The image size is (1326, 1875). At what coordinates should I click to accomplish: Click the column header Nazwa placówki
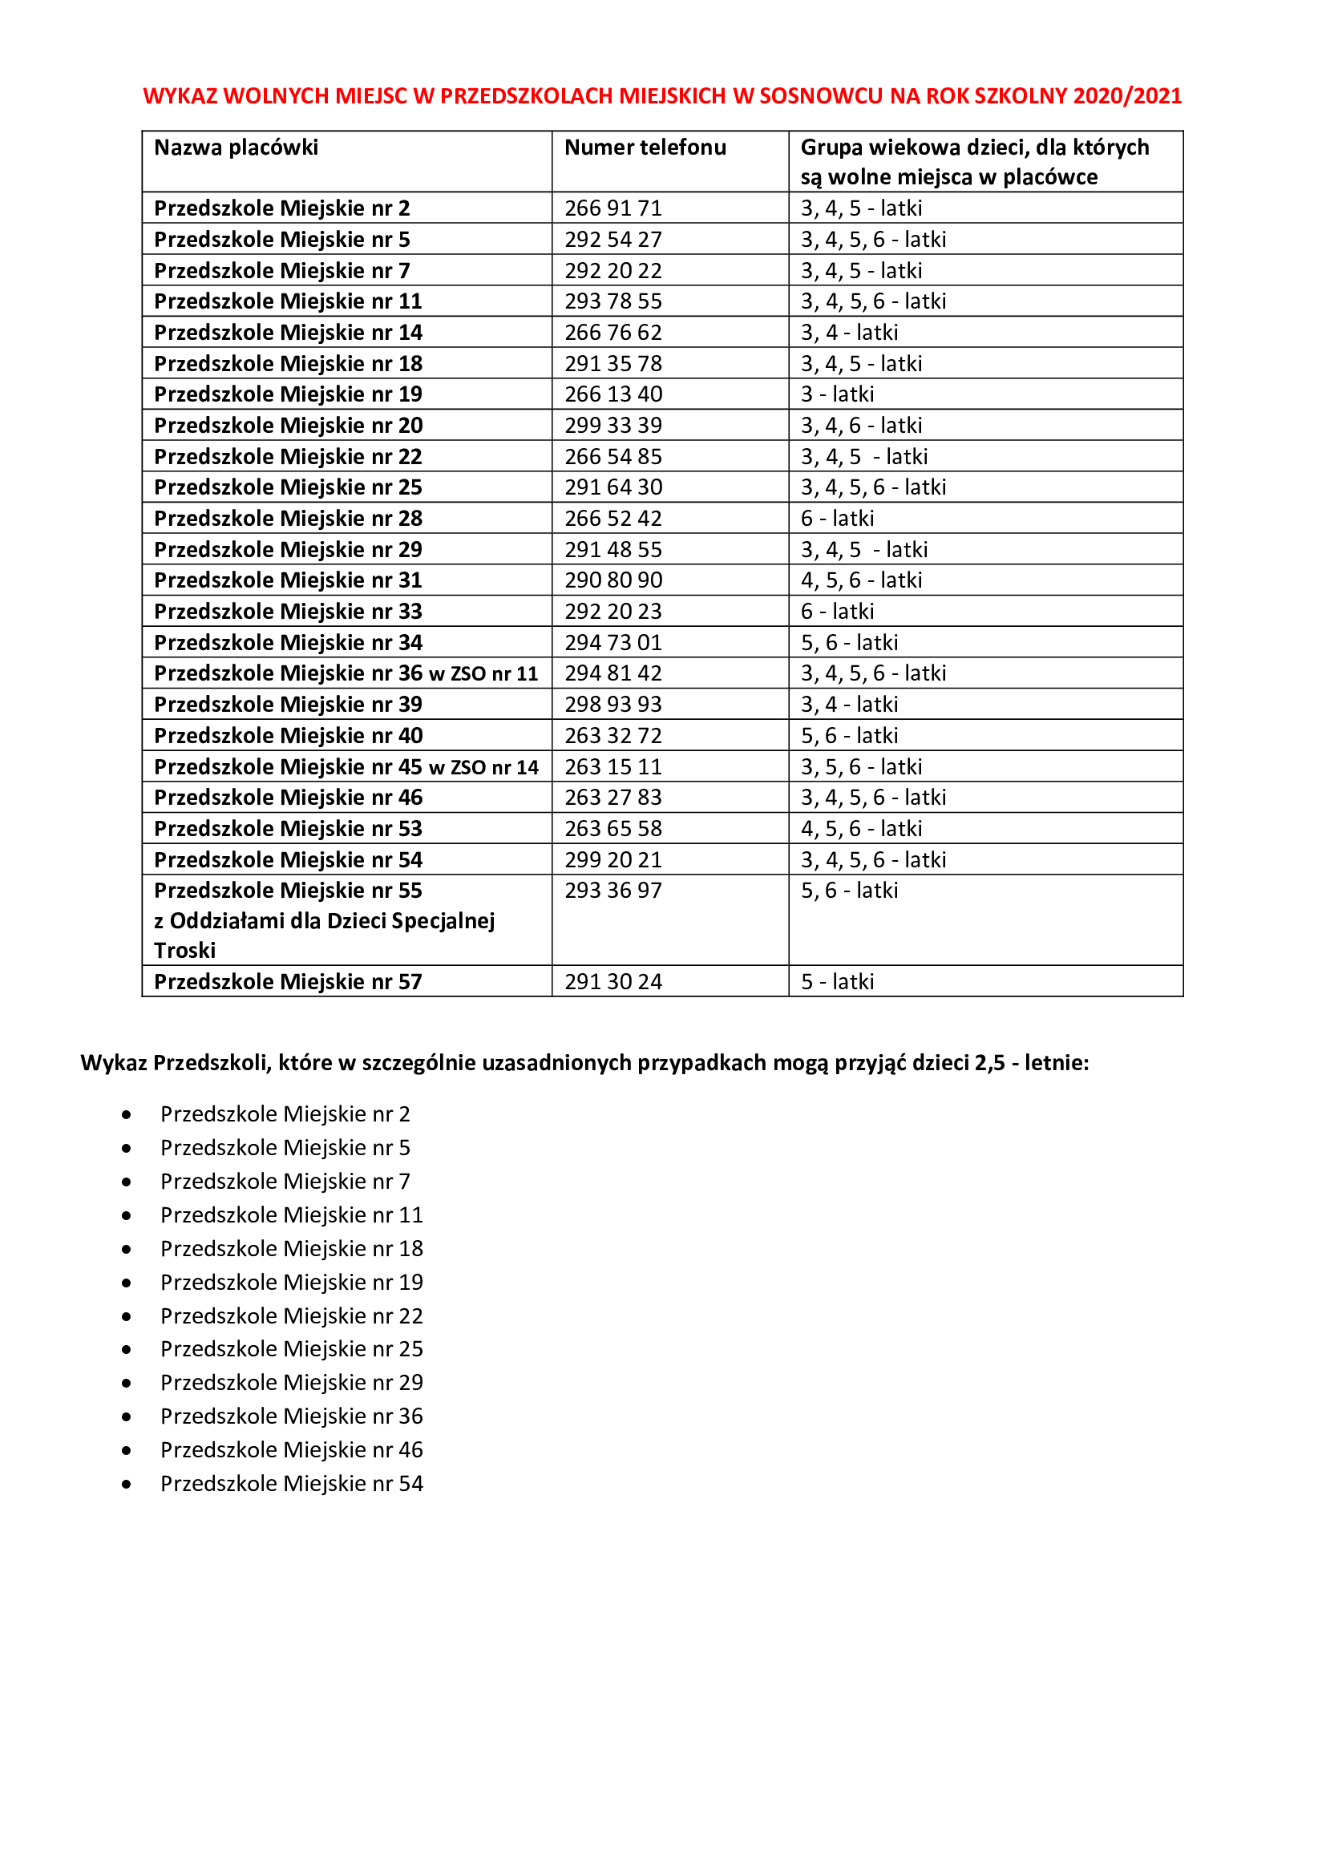[x=236, y=147]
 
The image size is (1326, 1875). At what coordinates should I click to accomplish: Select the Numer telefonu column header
[x=645, y=147]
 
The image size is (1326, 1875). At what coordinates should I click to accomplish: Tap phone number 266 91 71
[x=613, y=208]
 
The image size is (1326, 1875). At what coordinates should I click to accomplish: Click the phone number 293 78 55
[x=613, y=301]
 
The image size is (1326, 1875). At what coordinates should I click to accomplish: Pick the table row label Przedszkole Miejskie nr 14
[x=289, y=333]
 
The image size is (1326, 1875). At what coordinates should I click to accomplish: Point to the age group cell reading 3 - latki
[x=837, y=394]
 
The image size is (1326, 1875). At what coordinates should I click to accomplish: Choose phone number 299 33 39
[x=613, y=426]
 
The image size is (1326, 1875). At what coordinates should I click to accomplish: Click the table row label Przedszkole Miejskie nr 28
[x=289, y=519]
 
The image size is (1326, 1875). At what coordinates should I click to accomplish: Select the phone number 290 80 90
[x=613, y=580]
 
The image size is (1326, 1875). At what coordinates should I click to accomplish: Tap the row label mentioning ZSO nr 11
[x=346, y=673]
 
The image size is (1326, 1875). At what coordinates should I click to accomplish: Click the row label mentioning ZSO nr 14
[x=346, y=767]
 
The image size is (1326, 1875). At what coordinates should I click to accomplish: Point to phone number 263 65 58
[x=613, y=829]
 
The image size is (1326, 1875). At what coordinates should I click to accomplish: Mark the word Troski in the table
[x=185, y=951]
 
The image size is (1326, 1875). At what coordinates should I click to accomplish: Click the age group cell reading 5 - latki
[x=837, y=982]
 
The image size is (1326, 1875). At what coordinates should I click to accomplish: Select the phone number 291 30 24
[x=613, y=982]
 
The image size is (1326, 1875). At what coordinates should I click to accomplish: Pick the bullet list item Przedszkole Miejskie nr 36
[x=292, y=1416]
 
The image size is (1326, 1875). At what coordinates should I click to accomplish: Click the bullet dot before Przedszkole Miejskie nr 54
[x=127, y=1484]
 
